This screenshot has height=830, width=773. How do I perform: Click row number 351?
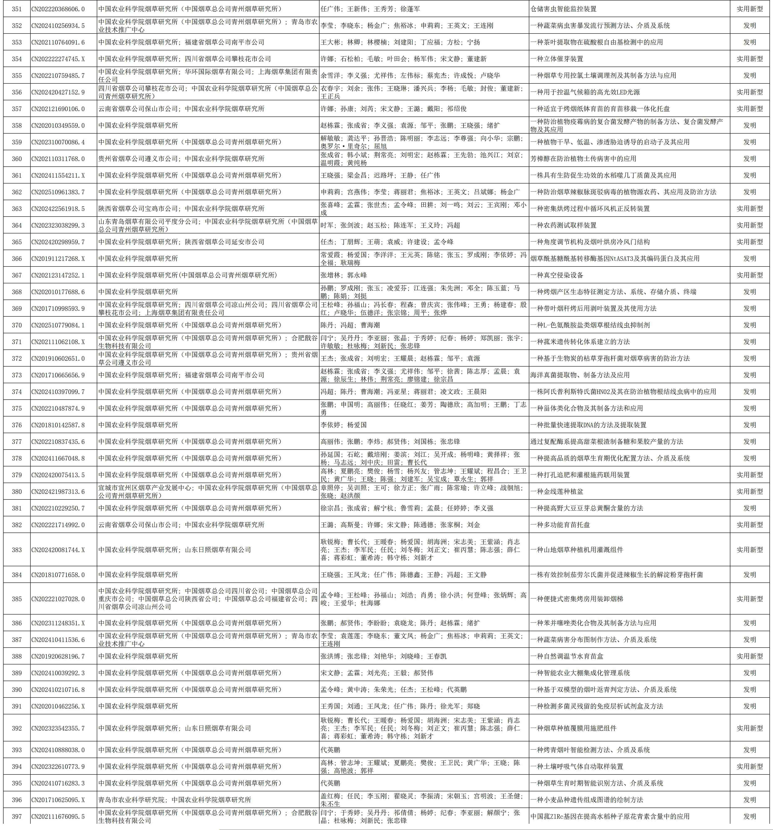point(17,9)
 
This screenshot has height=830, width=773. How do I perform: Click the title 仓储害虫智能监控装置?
point(563,9)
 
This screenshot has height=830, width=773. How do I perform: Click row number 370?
point(17,325)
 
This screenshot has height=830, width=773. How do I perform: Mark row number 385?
point(17,599)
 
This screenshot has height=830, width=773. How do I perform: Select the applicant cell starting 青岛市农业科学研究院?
point(175,799)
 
